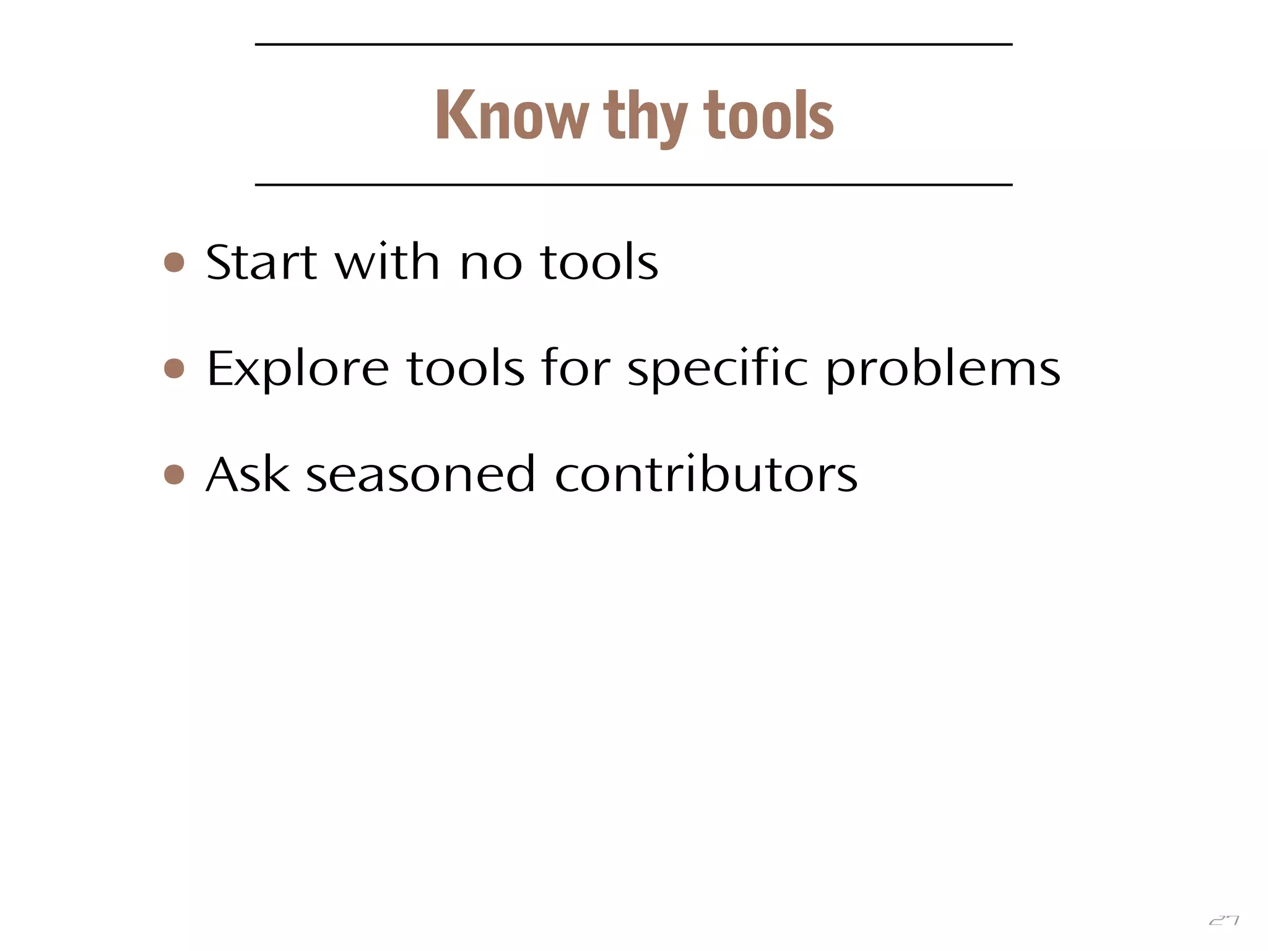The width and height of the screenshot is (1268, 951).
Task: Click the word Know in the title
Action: (x=512, y=115)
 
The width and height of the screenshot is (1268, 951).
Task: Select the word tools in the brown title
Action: (x=768, y=115)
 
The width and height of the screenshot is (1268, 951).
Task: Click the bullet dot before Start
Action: (x=175, y=262)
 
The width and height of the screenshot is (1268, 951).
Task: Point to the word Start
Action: (x=261, y=262)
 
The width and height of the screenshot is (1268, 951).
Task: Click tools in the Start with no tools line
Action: (x=599, y=262)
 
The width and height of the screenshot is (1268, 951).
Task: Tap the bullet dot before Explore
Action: (x=175, y=368)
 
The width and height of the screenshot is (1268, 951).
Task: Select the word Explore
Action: (x=297, y=370)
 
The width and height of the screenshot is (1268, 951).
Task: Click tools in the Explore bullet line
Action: (x=466, y=368)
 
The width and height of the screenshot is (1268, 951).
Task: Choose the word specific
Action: (x=718, y=370)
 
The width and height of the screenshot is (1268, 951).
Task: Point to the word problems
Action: (x=943, y=370)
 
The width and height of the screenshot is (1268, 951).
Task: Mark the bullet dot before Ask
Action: (x=175, y=475)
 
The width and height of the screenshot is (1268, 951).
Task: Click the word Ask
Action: (x=248, y=474)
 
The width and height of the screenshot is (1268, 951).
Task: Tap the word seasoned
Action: (x=420, y=475)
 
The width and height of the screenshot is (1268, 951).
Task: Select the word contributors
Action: (x=706, y=474)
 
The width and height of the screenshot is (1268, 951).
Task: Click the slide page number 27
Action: (x=1223, y=921)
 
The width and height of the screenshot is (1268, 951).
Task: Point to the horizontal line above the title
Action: (x=633, y=45)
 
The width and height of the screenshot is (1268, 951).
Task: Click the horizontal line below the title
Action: (x=633, y=185)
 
